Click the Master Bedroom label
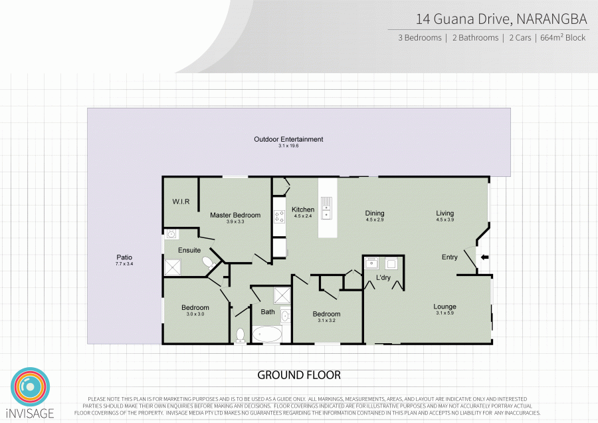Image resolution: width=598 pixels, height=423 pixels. click(235, 215)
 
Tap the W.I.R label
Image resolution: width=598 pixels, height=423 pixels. click(181, 202)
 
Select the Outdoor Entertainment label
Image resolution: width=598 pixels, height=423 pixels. click(288, 140)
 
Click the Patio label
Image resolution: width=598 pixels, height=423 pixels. click(124, 257)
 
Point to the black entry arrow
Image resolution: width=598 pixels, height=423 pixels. click(484, 257)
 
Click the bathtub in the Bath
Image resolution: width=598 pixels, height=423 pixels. click(266, 333)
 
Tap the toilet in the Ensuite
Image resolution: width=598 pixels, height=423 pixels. click(209, 262)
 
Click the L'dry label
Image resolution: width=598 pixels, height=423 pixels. click(383, 277)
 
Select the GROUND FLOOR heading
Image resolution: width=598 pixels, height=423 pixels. click(299, 375)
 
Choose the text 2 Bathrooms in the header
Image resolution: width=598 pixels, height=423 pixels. click(475, 38)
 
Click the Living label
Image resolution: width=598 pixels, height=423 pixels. click(445, 213)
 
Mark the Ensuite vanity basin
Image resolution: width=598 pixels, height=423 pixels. click(171, 234)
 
